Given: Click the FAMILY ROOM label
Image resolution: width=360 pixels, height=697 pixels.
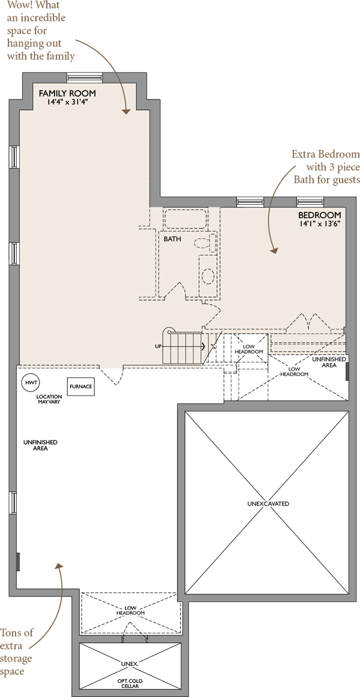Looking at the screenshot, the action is point(67,94).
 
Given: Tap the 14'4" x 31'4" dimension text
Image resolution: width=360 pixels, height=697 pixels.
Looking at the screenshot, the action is point(67,102).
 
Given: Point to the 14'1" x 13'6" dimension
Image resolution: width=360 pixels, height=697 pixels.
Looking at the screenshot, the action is point(320,224).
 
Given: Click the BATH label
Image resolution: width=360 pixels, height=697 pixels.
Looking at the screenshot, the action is point(172,239).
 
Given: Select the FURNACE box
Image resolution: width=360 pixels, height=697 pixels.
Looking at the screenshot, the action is point(80,386).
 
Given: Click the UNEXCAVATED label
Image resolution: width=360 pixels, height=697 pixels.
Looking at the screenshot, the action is point(268,504).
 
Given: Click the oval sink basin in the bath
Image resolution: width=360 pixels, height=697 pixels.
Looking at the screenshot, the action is point(208,275).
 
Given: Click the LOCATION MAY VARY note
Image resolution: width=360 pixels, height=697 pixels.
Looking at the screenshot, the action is point(49,399).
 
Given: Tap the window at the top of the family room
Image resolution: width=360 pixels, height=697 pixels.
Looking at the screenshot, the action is point(85,77).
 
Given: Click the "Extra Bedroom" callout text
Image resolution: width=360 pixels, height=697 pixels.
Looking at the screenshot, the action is point(325,155).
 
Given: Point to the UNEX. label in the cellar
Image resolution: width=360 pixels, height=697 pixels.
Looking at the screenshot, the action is point(130,663).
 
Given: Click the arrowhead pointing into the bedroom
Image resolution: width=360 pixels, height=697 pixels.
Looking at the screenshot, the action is point(273,251).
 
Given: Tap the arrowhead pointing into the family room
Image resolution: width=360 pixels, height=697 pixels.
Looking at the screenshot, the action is point(126,111).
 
